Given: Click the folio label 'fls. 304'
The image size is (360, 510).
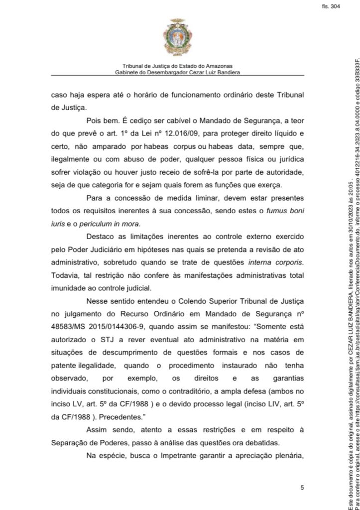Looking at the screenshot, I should click(x=331, y=6).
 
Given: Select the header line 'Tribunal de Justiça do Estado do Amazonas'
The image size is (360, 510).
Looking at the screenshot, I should click(x=177, y=66).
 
